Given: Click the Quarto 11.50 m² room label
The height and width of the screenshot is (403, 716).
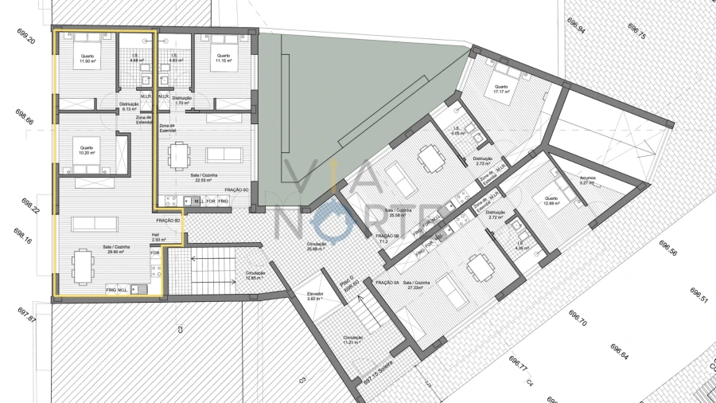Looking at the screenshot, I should point(87,58).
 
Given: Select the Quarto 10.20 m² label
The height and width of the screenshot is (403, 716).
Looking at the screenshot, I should point(87,150).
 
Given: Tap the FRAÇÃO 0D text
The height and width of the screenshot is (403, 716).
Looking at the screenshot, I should point(167,221).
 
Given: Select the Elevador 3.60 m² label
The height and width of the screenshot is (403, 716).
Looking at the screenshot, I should point(316,296).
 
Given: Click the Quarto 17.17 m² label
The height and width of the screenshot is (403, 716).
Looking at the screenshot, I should point(500,89).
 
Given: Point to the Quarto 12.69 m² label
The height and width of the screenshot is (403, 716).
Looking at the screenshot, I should point(551,201).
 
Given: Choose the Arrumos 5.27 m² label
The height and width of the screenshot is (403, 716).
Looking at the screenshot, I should point(587,181).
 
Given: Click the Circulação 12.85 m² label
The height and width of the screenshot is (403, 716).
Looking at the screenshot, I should point(255,276).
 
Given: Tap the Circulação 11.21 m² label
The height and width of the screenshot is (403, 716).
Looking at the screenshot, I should point(353,340).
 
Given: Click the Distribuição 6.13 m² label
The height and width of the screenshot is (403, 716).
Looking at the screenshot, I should point(130,107).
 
